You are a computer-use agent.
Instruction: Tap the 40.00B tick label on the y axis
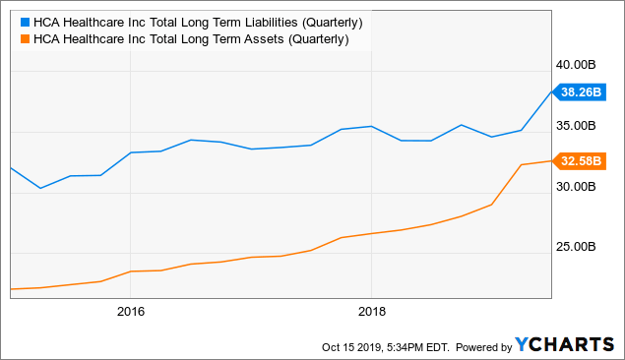577,64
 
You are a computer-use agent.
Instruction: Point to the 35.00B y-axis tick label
577,125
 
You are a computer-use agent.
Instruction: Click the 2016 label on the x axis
130,312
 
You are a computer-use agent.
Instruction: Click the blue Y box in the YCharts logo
523,345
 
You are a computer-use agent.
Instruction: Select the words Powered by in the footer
475,346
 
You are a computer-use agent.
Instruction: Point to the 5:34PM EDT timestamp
418,346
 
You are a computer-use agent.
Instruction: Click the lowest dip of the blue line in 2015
39,188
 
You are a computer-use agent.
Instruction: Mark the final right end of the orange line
551,160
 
